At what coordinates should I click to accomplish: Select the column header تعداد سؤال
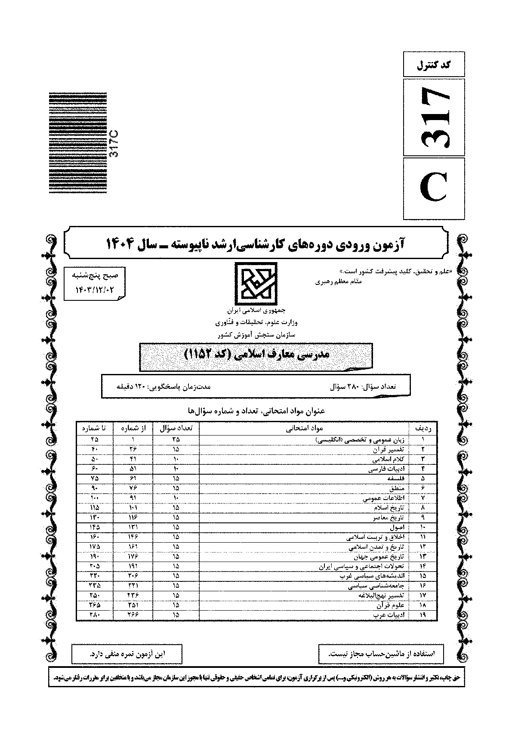pyautogui.click(x=176, y=428)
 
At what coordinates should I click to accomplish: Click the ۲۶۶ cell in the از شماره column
pyautogui.click(x=133, y=615)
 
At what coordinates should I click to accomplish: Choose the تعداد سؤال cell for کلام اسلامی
pyautogui.click(x=176, y=459)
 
